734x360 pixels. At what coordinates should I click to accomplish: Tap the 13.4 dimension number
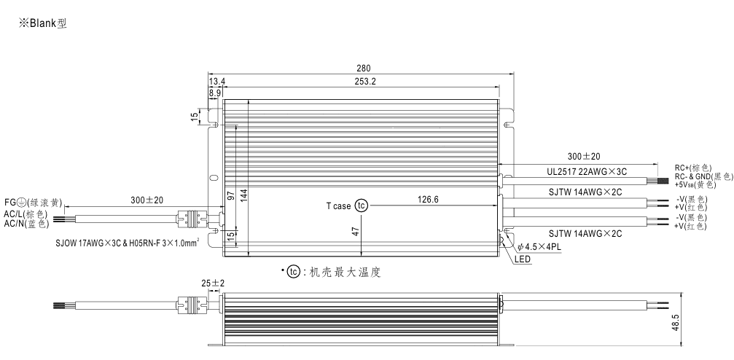(x=216, y=82)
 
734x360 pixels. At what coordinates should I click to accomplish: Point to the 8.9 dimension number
(x=216, y=93)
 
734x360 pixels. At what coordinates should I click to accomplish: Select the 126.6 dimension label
(x=428, y=198)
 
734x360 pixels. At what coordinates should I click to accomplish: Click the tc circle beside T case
(x=362, y=206)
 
